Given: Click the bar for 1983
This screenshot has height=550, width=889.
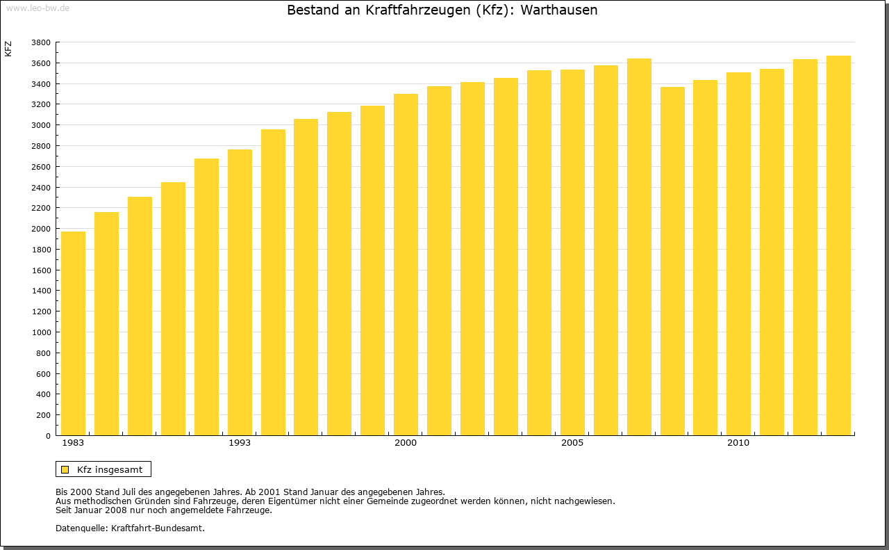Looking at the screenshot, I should click(73, 334).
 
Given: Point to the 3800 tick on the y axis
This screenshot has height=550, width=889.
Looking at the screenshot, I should click(41, 42).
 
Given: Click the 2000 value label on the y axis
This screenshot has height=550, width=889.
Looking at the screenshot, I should click(41, 229).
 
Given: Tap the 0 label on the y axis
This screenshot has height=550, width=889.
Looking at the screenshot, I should click(48, 436).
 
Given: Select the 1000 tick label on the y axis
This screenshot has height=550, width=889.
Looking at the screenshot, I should click(41, 332).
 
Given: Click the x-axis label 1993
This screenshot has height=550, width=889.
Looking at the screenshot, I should click(240, 443).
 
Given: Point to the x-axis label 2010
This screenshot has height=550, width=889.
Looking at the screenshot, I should click(738, 443).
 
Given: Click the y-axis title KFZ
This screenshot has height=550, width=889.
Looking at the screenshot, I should click(8, 49).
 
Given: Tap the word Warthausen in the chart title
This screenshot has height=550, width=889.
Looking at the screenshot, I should click(558, 10).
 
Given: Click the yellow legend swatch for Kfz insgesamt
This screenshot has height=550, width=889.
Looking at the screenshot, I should click(65, 469).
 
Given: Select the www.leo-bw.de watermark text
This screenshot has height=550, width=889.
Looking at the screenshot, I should click(38, 8).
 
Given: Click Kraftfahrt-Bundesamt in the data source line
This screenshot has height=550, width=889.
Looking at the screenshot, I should click(158, 528).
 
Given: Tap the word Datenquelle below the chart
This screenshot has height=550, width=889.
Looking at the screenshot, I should click(81, 528).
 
